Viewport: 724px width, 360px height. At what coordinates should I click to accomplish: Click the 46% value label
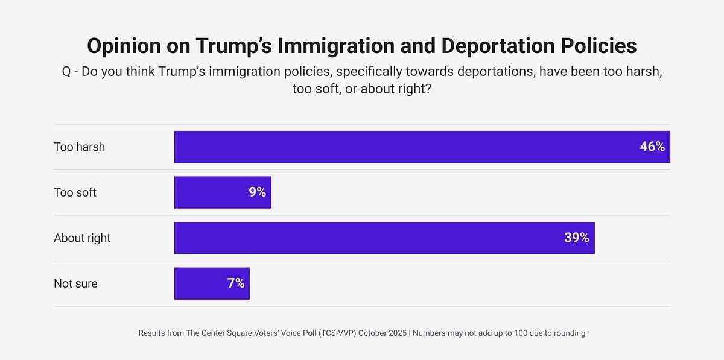tap(652, 147)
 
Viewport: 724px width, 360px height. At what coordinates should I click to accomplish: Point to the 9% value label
tap(257, 192)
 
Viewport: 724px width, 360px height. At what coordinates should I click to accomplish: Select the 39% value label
tap(576, 238)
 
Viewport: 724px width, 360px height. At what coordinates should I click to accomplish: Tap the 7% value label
tap(236, 283)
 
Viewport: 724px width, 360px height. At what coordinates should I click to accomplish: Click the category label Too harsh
tap(79, 147)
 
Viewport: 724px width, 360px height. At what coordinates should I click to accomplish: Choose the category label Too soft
tap(75, 192)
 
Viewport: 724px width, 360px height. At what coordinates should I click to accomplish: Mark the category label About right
tap(82, 238)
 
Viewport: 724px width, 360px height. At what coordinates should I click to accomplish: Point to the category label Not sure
tap(75, 283)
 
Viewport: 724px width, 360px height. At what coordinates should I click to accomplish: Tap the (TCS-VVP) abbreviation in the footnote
tap(335, 333)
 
